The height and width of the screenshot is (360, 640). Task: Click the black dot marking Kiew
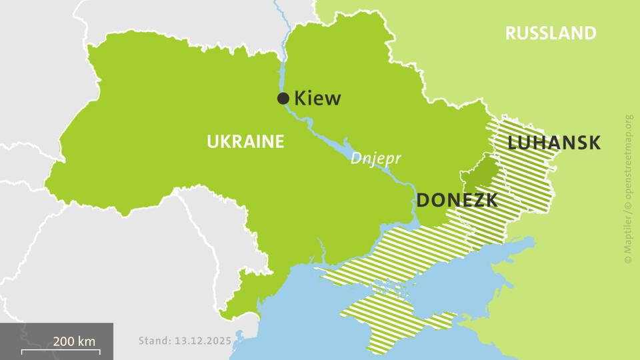283,99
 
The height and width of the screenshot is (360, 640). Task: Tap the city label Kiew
317,99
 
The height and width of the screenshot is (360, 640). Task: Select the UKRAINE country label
245,141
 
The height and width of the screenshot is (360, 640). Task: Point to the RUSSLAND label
550,33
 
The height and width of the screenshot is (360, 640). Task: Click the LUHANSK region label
554,143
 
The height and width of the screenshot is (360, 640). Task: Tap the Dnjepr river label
373,160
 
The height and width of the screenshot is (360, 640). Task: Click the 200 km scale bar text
74,341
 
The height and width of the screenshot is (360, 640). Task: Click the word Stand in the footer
153,341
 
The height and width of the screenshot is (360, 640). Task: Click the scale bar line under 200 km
59,350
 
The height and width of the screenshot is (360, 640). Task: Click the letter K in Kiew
300,99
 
